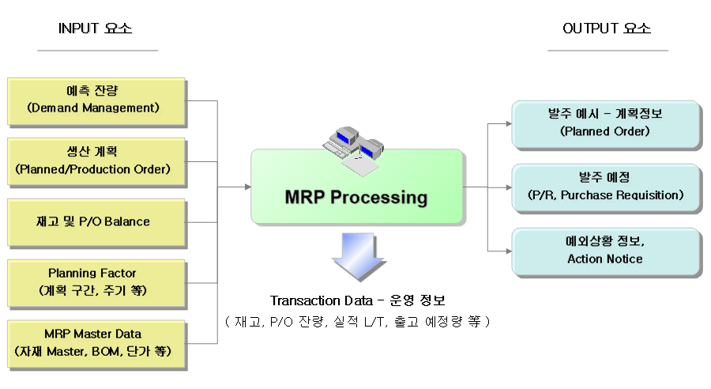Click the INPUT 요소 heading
(96, 29)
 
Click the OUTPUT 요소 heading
(607, 29)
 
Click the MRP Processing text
(355, 198)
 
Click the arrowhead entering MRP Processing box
(247, 187)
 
